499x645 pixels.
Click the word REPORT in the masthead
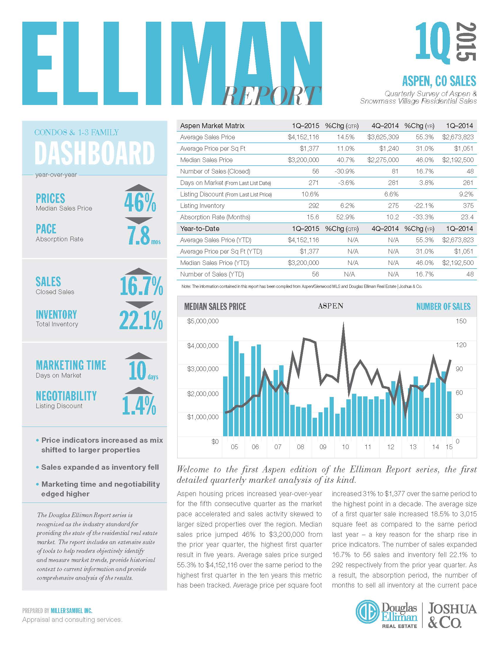click(272, 96)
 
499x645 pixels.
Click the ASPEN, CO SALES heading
click(439, 81)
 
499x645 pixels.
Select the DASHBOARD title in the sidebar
click(95, 153)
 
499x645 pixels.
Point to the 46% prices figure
click(140, 203)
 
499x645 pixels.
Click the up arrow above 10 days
click(139, 356)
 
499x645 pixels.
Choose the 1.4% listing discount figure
click(139, 405)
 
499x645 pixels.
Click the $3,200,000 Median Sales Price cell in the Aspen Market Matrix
click(303, 160)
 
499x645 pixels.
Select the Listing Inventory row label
click(202, 206)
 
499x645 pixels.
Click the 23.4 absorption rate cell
click(467, 217)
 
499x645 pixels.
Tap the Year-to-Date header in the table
click(200, 229)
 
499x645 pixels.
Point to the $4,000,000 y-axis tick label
click(203, 346)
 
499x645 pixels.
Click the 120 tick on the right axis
click(461, 345)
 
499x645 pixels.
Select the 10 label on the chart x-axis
click(345, 447)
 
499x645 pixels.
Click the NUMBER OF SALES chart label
click(443, 307)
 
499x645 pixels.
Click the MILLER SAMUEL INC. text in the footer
click(72, 610)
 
